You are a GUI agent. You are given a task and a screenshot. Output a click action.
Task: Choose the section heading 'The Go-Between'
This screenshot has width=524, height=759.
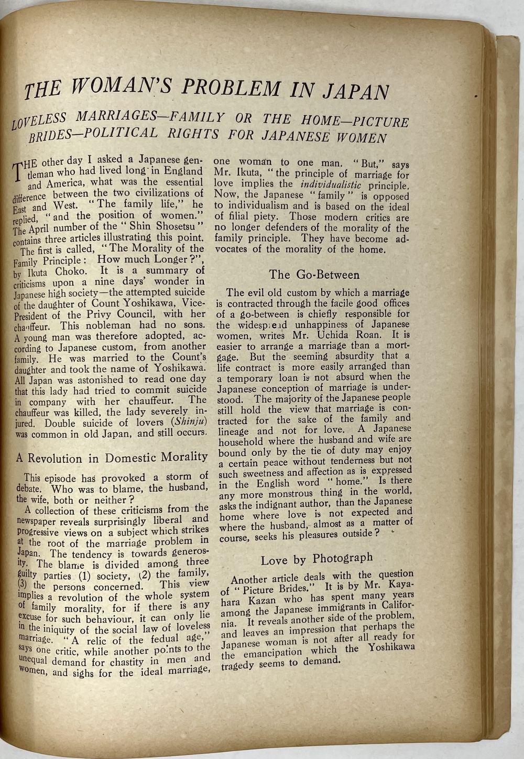[314, 275]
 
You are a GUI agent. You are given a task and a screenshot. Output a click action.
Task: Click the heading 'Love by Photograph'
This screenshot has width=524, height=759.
[316, 559]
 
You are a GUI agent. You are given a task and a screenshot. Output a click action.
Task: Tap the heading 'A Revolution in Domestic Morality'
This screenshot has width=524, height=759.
[111, 458]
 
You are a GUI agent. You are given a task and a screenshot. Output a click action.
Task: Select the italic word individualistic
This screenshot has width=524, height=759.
[331, 185]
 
